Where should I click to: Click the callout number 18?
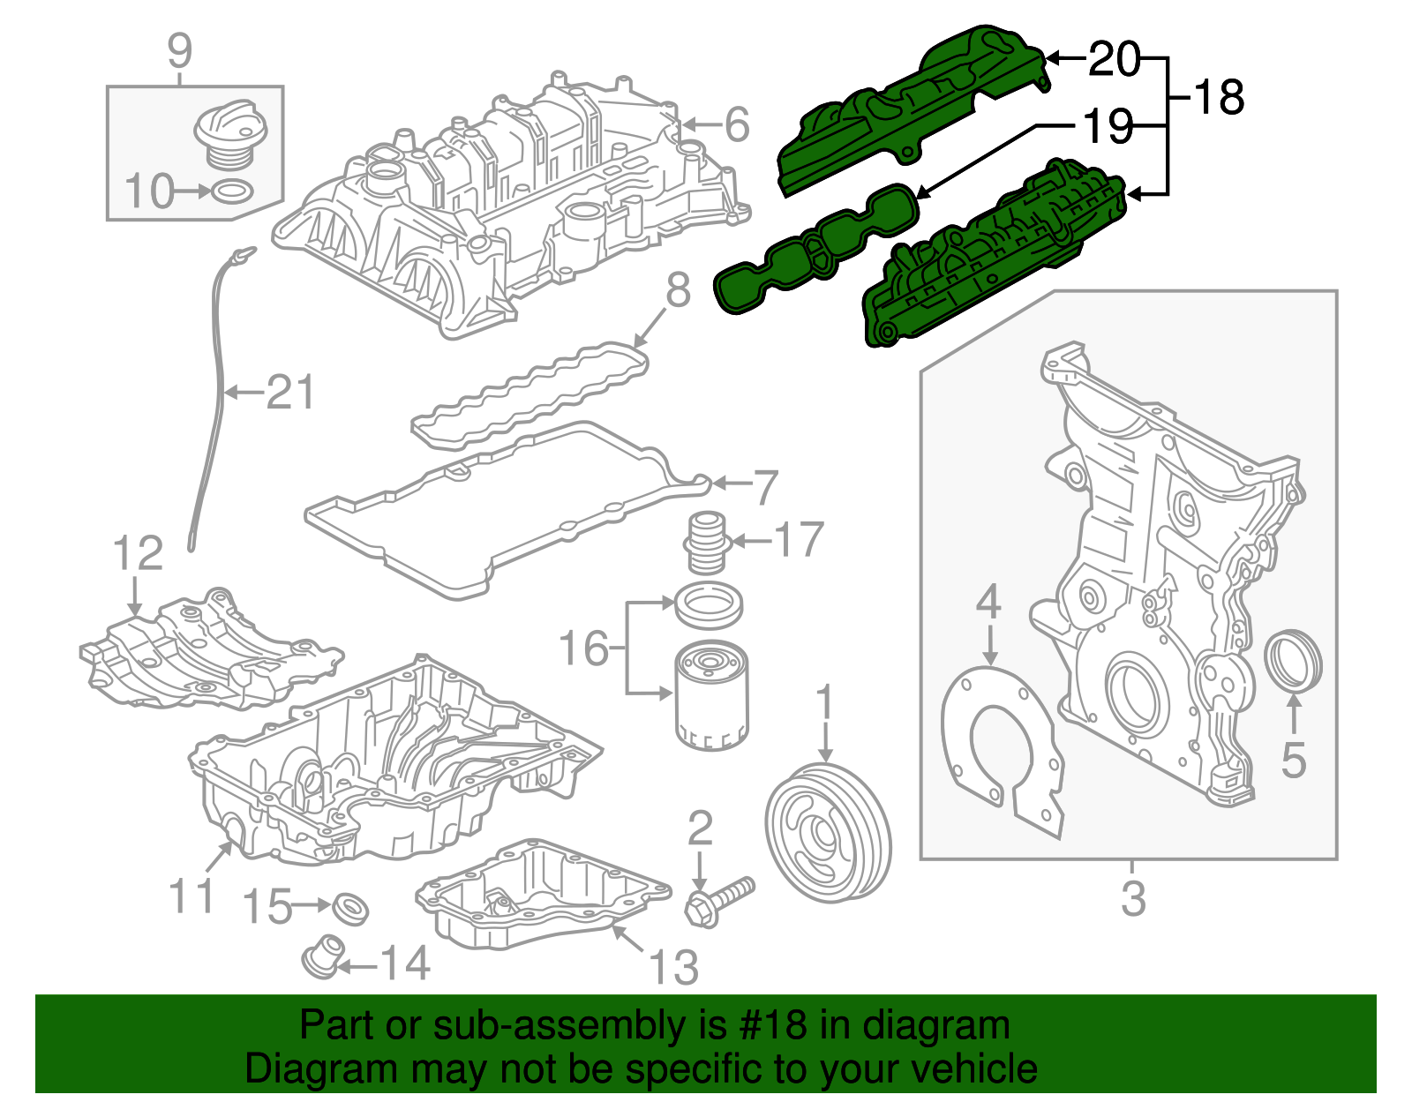[x=1219, y=97]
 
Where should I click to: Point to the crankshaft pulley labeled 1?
[x=827, y=834]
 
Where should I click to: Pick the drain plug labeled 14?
[x=321, y=956]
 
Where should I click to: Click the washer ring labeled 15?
[x=350, y=908]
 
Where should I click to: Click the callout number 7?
[x=765, y=487]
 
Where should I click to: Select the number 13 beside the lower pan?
[x=673, y=967]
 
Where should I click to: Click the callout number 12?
[x=139, y=554]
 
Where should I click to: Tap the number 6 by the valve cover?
[x=737, y=124]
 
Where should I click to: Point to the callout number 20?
[x=1115, y=59]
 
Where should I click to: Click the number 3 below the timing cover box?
[x=1133, y=899]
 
